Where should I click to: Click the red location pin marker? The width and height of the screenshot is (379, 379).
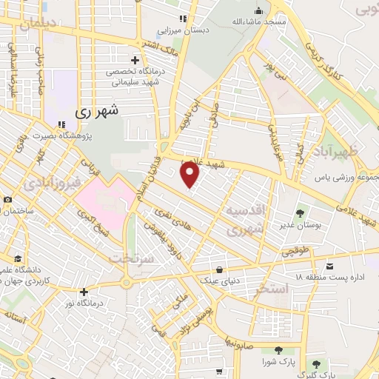pos(191,175)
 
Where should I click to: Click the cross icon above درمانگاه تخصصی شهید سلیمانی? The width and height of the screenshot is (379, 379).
pos(135,60)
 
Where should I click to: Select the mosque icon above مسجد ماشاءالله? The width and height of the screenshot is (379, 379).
pos(258,10)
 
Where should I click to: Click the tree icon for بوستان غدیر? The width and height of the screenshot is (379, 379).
pos(301,213)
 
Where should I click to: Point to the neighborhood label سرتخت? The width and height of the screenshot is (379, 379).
pos(130,258)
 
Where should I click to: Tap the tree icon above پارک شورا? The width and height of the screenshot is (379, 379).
pos(278,350)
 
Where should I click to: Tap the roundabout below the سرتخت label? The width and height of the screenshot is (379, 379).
pos(126,282)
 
